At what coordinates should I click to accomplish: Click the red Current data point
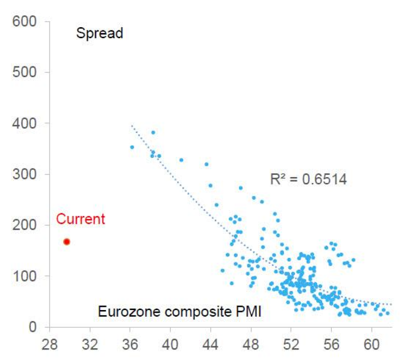pos(67,242)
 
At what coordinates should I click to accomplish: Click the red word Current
pos(80,219)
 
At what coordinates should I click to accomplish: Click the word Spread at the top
pos(100,34)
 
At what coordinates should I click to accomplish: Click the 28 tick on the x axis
pos(50,344)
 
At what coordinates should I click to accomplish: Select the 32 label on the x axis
pos(90,344)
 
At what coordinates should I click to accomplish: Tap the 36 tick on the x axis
pos(130,344)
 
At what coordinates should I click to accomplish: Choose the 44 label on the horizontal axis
pos(210,344)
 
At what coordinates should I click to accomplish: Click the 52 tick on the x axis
pos(291,344)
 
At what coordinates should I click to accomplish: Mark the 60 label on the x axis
pos(372,344)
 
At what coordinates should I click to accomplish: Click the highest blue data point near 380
pos(153,133)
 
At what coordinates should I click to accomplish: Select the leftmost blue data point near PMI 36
pos(132,147)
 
